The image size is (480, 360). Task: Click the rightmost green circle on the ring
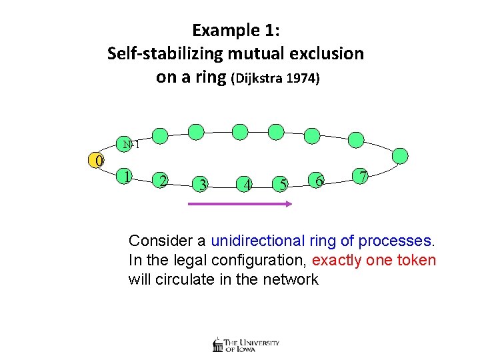[x=399, y=156]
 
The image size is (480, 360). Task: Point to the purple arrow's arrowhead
[x=288, y=205]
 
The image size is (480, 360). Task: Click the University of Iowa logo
[x=246, y=345]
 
